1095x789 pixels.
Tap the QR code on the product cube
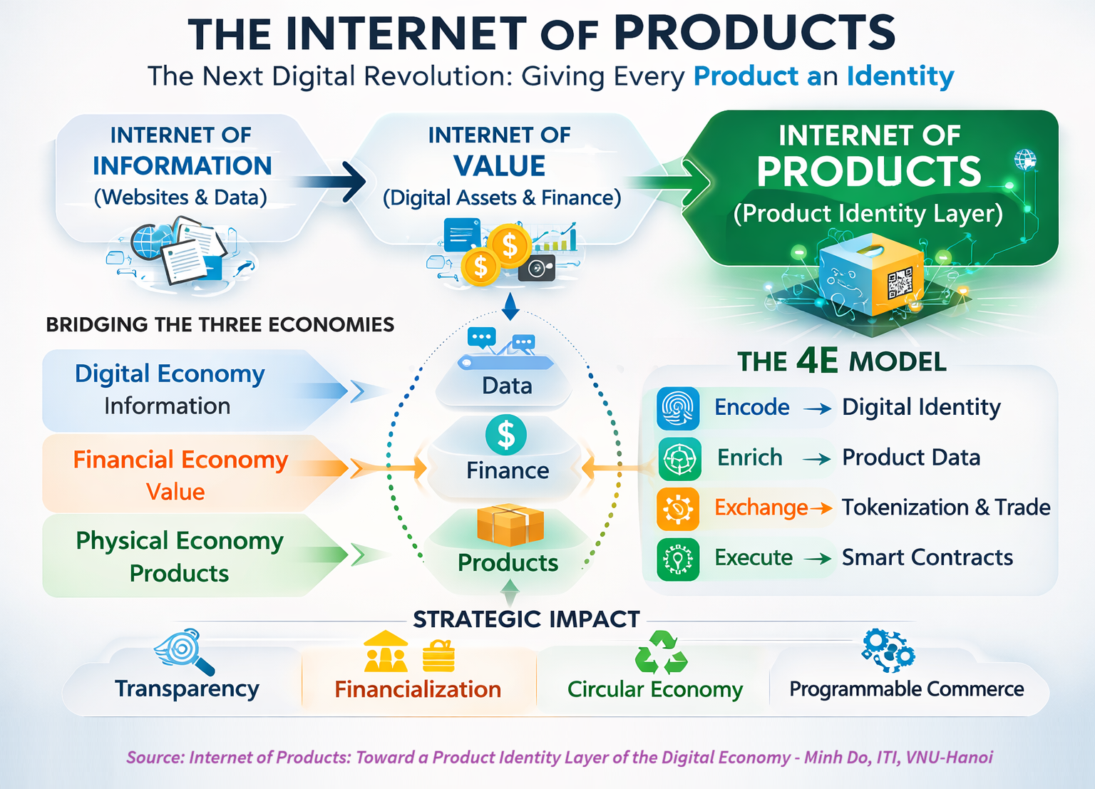pyautogui.click(x=900, y=282)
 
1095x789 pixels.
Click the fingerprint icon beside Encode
pyautogui.click(x=678, y=408)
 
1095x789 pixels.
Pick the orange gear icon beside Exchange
pyautogui.click(x=678, y=509)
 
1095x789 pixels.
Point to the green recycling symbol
pyautogui.click(x=661, y=652)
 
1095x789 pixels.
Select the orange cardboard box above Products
pyautogui.click(x=510, y=525)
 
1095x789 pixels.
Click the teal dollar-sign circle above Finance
pyautogui.click(x=506, y=435)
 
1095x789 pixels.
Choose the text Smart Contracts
pyautogui.click(x=927, y=557)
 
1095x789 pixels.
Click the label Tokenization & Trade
pyautogui.click(x=946, y=507)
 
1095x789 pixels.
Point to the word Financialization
pyautogui.click(x=418, y=689)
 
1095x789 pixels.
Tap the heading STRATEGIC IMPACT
pyautogui.click(x=527, y=619)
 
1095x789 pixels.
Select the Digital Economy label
pyautogui.click(x=170, y=374)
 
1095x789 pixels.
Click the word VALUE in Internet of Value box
pyautogui.click(x=499, y=166)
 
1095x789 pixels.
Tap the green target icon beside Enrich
pyautogui.click(x=679, y=459)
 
